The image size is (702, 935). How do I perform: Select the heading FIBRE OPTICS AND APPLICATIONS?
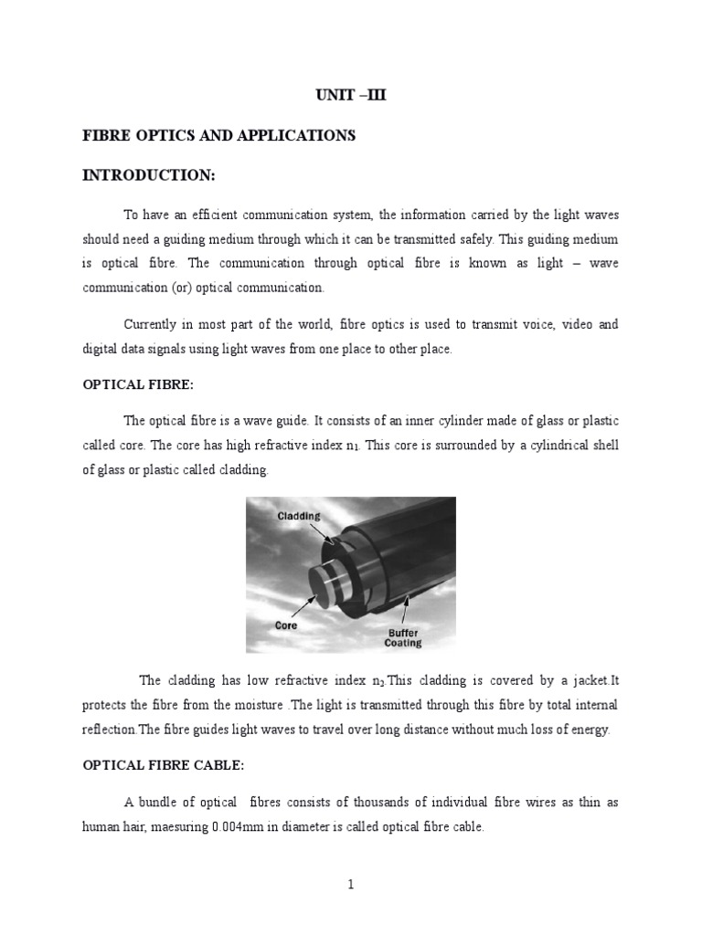[x=218, y=135]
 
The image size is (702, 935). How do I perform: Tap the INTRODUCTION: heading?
[x=149, y=174]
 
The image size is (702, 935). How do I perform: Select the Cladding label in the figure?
[x=299, y=516]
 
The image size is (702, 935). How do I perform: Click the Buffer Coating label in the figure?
[x=402, y=636]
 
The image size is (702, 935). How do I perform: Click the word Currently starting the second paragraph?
[x=154, y=325]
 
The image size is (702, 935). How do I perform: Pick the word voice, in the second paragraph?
[x=535, y=325]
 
